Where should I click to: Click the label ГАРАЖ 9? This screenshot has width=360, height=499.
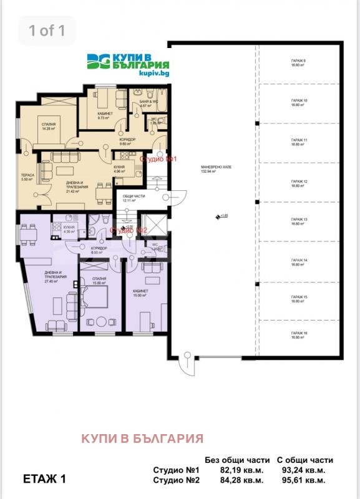[298, 62]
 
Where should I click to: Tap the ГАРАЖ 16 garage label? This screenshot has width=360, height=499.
[298, 336]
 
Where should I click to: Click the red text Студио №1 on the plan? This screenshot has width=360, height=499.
[159, 159]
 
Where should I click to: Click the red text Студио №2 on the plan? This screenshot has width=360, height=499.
[129, 231]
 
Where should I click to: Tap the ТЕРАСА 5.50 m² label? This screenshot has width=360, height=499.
[27, 178]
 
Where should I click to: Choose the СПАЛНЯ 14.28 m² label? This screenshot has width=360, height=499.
[49, 127]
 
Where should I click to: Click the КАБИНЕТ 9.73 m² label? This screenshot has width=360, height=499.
[104, 115]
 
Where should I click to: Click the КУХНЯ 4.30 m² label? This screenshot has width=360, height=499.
[69, 230]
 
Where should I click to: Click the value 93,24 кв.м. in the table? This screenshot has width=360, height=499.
[305, 470]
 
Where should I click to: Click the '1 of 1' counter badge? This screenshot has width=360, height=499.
[47, 30]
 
